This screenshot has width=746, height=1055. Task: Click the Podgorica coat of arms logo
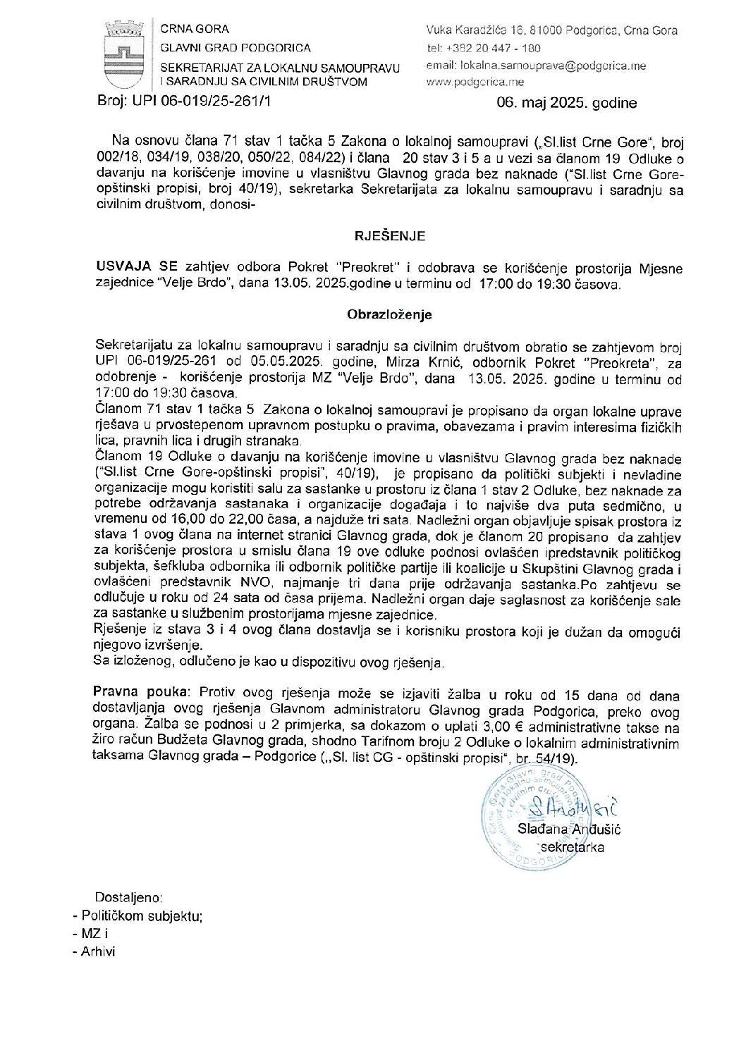pos(123,55)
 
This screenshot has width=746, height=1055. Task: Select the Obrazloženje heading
pos(389,315)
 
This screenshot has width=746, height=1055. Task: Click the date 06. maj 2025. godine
pos(566,103)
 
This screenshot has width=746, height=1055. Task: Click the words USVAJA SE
pos(137,267)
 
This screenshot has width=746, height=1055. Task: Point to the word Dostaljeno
pos(128,898)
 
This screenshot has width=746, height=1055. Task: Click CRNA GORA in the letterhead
pos(195,29)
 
